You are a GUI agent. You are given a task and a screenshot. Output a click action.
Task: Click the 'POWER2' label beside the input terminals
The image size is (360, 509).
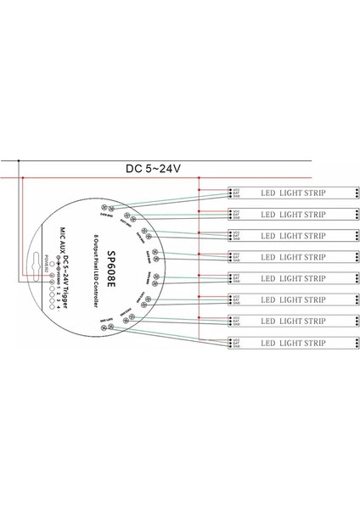43,288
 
